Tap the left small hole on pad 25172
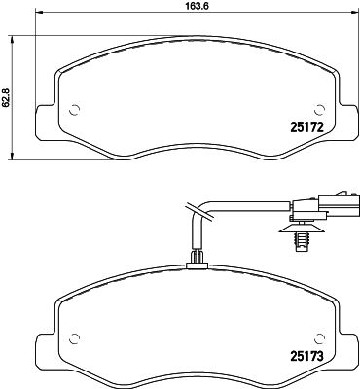(76, 109)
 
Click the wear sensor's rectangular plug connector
(311, 206)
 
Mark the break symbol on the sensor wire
(190, 207)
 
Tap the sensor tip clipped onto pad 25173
(197, 258)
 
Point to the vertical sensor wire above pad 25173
(196, 238)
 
